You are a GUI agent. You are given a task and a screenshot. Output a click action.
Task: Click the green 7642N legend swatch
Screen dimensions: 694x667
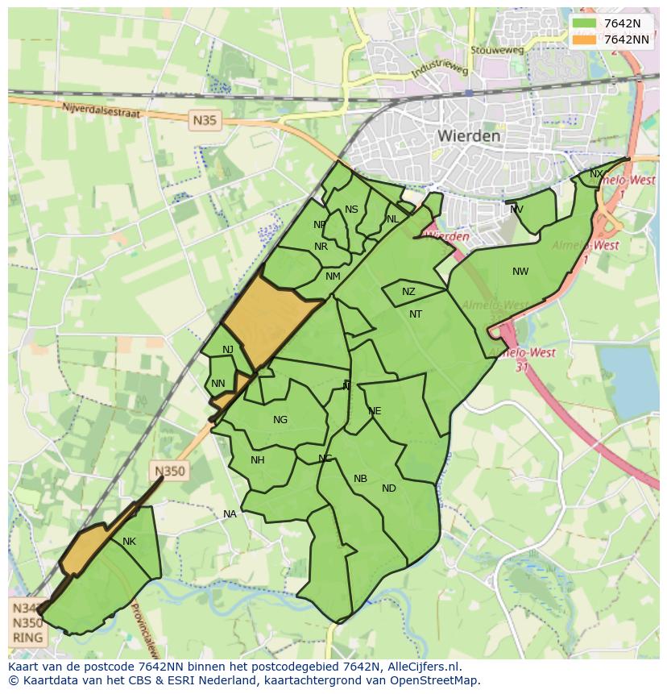coord(585,23)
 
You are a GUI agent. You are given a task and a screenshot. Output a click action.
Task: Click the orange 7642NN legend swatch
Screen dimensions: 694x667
coord(585,39)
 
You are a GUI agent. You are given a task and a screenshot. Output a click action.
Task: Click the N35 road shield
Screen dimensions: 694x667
coord(205,121)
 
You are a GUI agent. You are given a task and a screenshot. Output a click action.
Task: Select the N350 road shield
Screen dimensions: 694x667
coord(170,472)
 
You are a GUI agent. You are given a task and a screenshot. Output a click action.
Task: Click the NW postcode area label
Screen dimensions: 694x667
coord(520,272)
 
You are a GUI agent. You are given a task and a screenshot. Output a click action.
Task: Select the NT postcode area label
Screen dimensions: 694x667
coord(416,314)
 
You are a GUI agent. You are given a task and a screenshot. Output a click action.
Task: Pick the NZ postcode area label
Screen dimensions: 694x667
coord(408,292)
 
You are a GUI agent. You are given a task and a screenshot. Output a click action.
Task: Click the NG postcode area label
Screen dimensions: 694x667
coord(280,420)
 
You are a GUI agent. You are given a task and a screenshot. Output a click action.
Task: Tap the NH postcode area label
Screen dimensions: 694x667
coord(258,460)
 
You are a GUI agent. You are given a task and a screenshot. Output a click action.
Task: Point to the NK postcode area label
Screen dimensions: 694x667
coord(129,542)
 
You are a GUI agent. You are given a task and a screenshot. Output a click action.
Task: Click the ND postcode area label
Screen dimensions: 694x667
coord(389,488)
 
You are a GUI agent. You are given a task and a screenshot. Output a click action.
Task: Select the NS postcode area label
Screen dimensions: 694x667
coord(351,210)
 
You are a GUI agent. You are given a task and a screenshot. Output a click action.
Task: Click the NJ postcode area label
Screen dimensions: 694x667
coord(228,349)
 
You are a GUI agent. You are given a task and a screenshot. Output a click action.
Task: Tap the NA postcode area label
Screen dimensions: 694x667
coord(230,514)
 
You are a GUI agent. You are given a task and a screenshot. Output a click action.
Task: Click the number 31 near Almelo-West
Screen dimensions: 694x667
coord(522,366)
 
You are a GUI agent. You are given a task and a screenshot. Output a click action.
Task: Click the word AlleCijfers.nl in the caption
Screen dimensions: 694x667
coord(422,667)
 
